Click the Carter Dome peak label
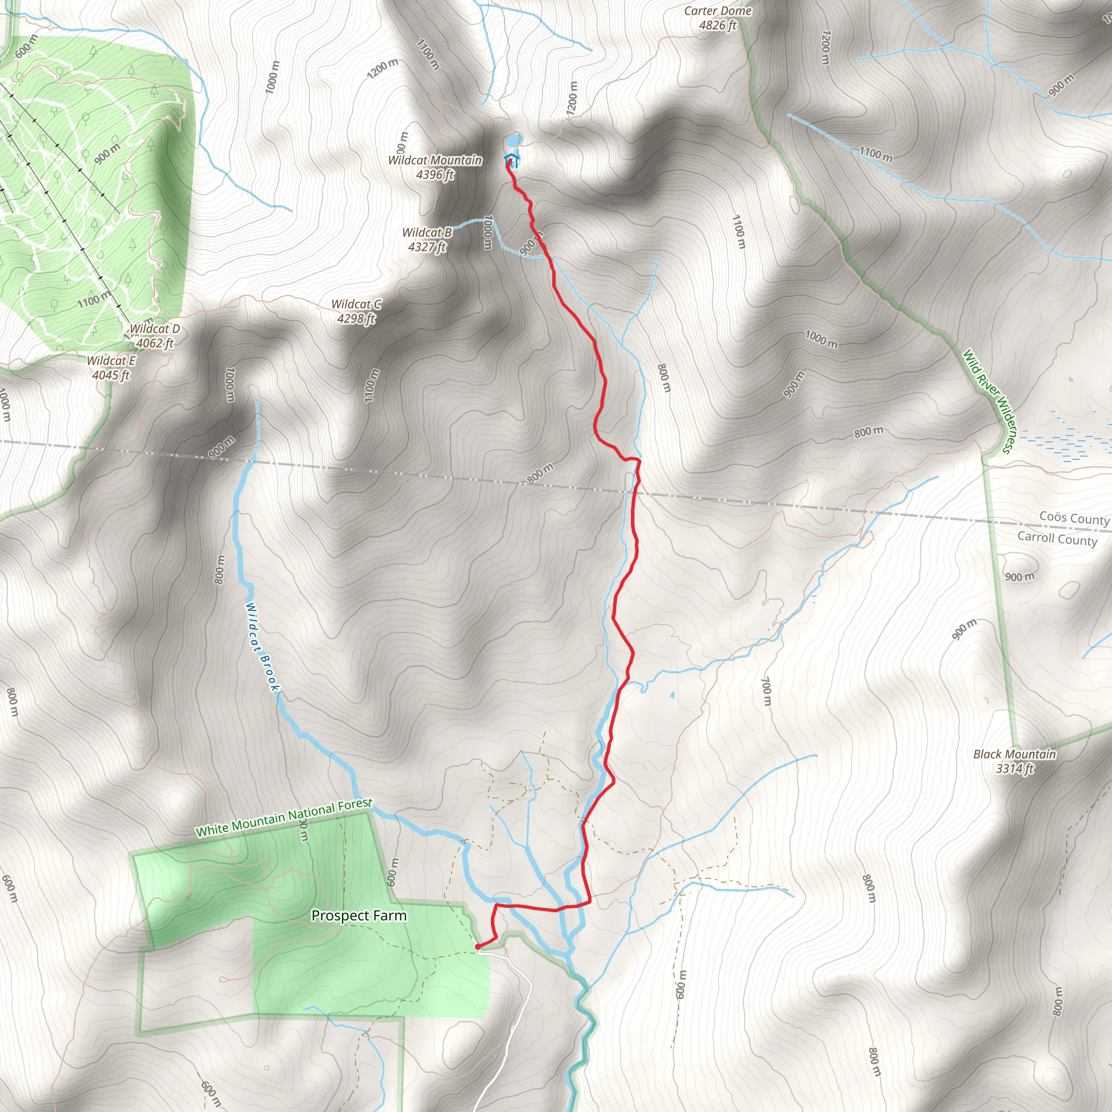point(717,18)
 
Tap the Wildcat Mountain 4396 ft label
point(435,167)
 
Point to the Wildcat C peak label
point(356,311)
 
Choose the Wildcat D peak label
point(154,336)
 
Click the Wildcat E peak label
point(111,368)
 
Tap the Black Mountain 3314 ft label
point(1015,761)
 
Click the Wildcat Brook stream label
point(262,646)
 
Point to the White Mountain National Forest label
point(284,818)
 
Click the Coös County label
point(1074,517)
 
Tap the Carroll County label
point(1057,538)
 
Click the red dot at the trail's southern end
point(478,946)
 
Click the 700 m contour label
point(766,691)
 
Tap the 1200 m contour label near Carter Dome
point(825,47)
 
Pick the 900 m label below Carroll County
point(1019,577)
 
